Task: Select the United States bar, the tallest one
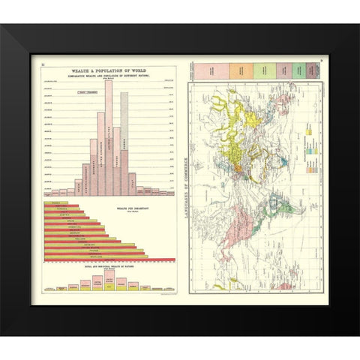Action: (109, 135)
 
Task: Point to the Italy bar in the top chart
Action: (132, 184)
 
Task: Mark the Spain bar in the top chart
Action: (139, 190)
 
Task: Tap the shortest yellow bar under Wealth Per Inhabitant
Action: (56, 204)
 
